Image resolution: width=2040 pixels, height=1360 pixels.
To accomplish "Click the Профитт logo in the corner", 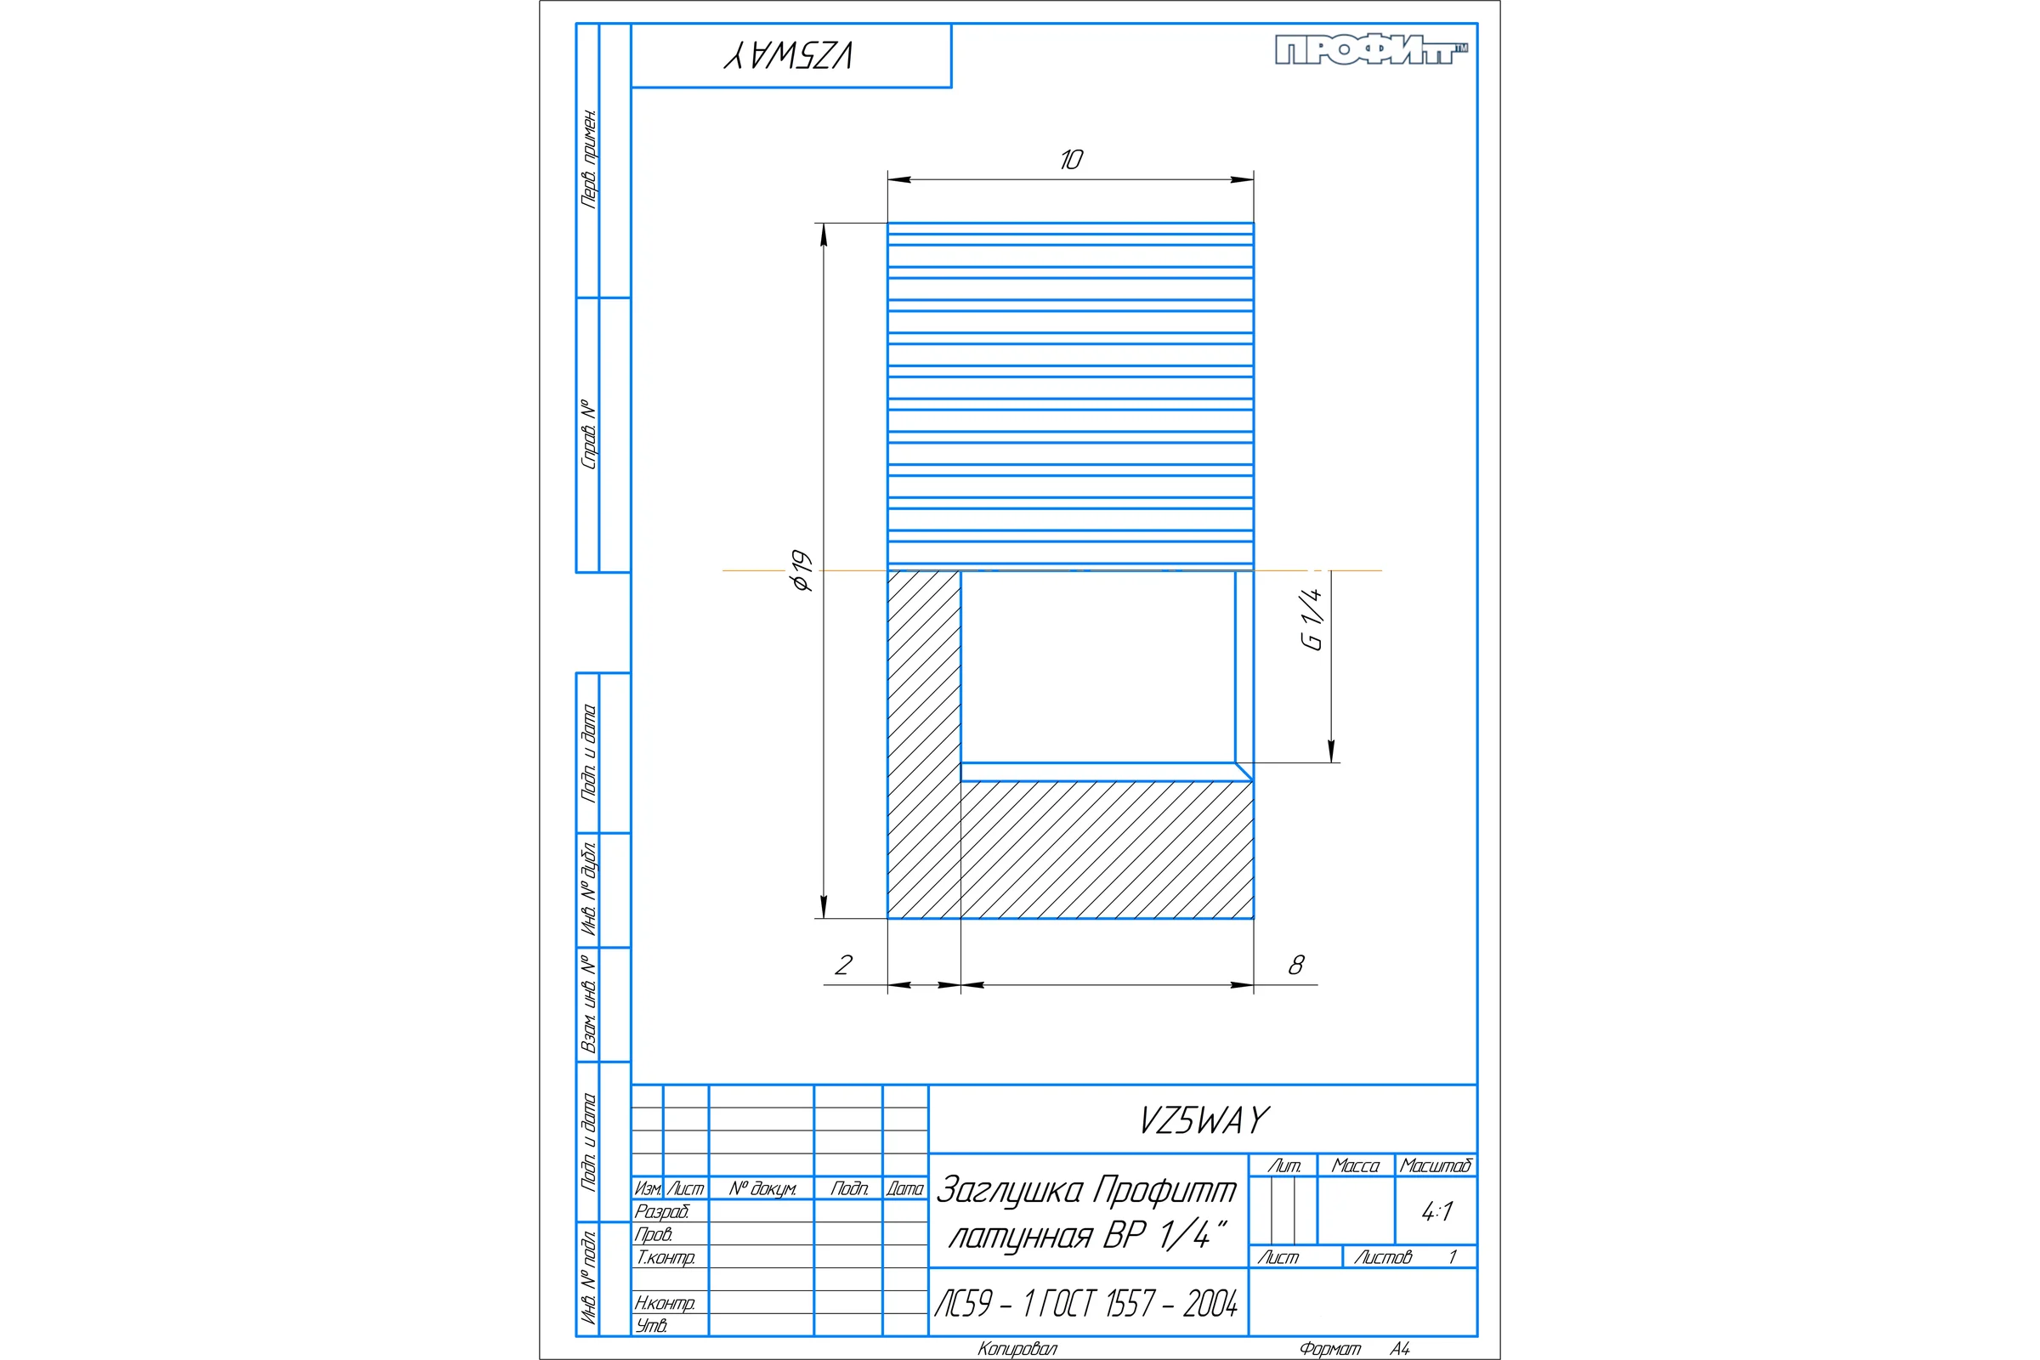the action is (1371, 50).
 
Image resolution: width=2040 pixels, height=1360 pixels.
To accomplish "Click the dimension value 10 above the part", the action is (1071, 160).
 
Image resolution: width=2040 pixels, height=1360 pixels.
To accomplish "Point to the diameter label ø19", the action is (802, 570).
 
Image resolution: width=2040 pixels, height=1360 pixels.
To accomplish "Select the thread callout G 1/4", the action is (1312, 619).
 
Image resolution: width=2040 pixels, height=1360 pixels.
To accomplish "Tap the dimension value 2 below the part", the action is (843, 965).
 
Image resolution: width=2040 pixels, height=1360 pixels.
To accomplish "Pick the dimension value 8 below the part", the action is (1295, 965).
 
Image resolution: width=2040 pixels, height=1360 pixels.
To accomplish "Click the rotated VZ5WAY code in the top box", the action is (789, 55).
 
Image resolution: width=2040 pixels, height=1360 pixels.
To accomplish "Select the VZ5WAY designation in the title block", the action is (1204, 1120).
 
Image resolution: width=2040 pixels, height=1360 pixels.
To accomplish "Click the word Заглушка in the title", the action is (1010, 1189).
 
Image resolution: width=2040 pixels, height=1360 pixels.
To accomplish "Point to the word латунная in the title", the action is (1020, 1235).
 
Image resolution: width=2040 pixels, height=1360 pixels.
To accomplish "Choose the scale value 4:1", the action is (1436, 1212).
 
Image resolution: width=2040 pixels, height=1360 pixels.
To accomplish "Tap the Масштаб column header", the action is (1436, 1165).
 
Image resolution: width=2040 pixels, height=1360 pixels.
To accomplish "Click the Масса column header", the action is (1355, 1165).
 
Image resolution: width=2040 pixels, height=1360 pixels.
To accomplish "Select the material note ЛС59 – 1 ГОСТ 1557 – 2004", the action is (1086, 1304).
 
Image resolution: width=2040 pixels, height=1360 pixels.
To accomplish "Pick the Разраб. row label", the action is (661, 1210).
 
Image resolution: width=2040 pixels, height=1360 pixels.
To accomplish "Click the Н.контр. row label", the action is (665, 1303).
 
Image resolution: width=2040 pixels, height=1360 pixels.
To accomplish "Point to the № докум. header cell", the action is (762, 1188).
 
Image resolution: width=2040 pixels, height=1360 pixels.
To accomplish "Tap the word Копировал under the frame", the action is (1017, 1349).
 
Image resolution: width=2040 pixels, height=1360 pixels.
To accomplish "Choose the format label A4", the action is (1400, 1349).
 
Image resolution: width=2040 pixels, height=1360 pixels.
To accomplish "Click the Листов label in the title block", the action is (1383, 1257).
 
